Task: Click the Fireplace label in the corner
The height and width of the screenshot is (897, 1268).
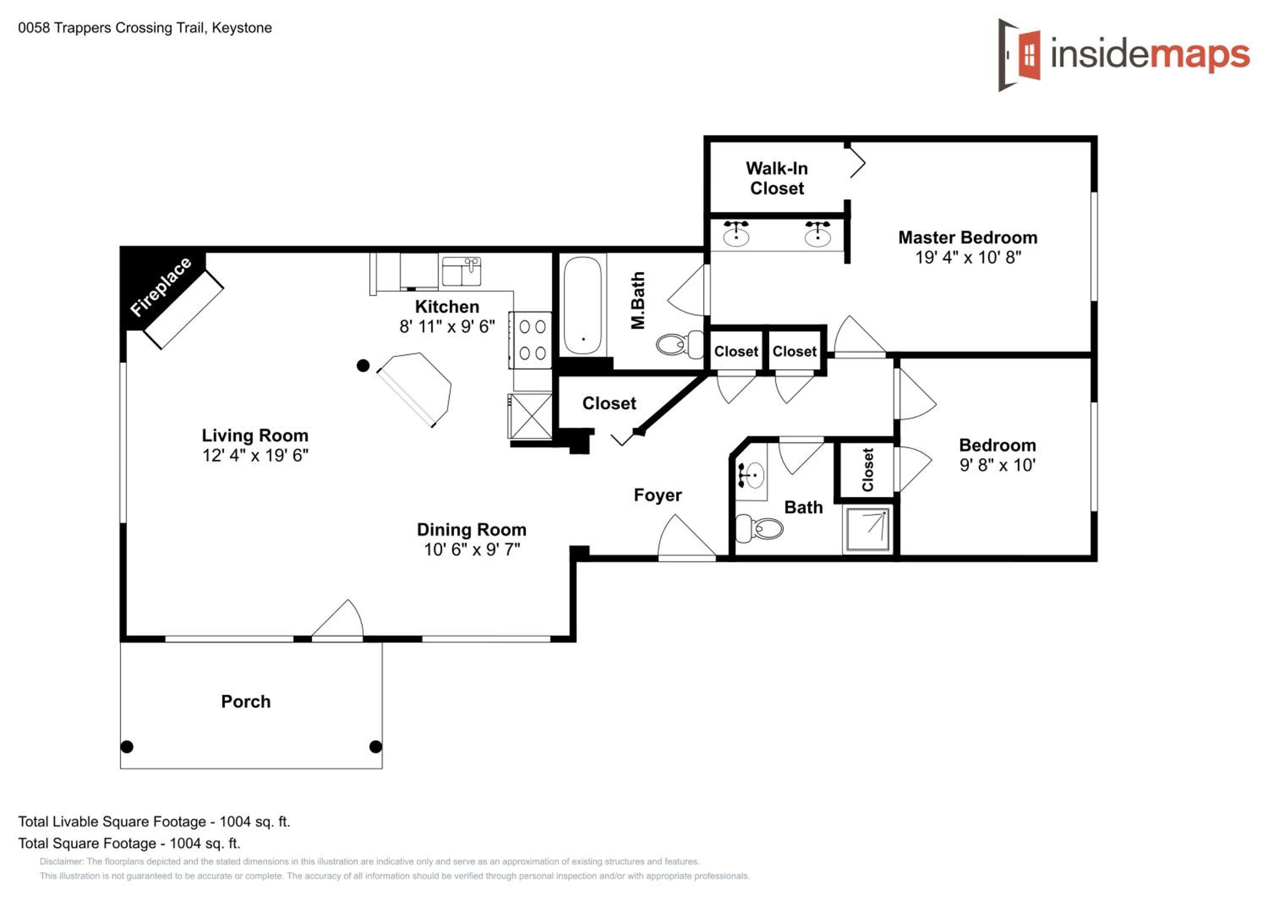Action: tap(161, 287)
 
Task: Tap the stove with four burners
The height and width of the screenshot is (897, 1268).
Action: tap(530, 340)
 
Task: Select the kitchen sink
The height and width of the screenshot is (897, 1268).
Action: tap(461, 271)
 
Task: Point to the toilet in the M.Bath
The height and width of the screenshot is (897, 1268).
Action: tap(680, 344)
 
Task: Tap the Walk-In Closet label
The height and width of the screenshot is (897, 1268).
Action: tap(776, 178)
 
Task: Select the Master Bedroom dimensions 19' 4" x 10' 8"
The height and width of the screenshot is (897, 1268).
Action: tap(968, 257)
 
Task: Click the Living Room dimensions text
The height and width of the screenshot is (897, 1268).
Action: tap(255, 456)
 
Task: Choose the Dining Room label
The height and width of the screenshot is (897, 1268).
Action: tap(472, 530)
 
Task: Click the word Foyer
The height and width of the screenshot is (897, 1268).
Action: tap(658, 495)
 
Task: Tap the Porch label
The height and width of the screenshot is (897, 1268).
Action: tap(246, 701)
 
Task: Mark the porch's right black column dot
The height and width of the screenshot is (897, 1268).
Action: tap(376, 747)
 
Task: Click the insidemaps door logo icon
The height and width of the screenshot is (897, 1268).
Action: tap(1019, 55)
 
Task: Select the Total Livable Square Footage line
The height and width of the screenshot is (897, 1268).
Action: tap(154, 822)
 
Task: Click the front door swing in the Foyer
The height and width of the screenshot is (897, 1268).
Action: tap(687, 538)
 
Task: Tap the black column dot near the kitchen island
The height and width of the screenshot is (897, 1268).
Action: tap(363, 366)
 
